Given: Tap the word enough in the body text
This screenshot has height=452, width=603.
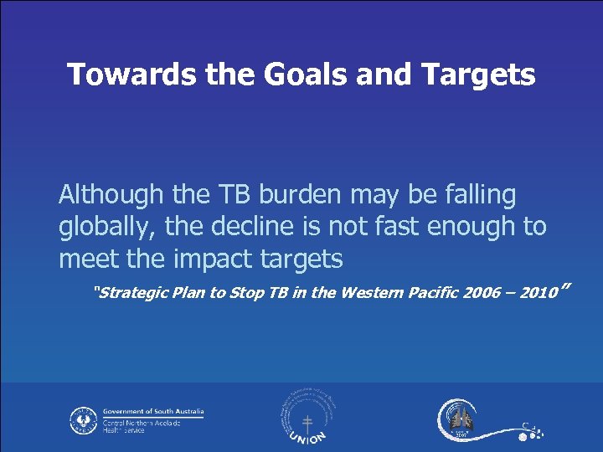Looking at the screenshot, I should pos(466,227).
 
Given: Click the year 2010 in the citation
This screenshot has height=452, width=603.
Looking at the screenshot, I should pos(538,293).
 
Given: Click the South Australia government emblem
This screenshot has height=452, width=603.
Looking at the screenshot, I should pos(84,419).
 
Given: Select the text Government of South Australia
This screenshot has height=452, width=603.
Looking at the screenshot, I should pos(153,412).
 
